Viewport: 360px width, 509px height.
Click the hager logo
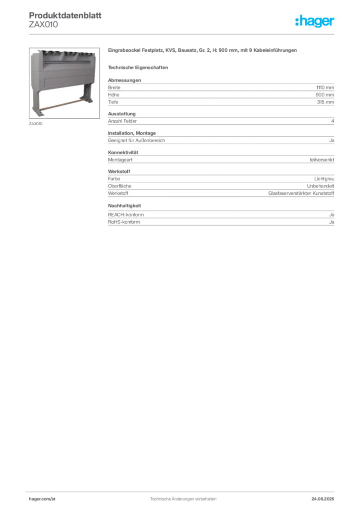point(315,21)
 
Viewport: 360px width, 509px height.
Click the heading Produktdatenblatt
point(65,15)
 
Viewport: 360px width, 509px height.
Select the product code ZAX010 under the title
point(43,25)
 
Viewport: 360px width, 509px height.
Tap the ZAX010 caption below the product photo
point(36,124)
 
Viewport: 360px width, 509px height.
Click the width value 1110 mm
point(325,87)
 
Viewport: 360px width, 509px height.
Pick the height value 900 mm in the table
point(325,95)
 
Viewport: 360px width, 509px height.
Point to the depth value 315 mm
point(325,102)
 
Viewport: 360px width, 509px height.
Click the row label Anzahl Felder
point(122,121)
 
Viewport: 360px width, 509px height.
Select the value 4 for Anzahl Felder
point(333,121)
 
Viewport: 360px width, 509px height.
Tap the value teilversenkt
point(322,160)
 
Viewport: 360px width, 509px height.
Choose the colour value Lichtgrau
point(324,179)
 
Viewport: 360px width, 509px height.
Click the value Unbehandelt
point(320,186)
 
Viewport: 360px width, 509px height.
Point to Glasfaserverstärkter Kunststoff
point(301,193)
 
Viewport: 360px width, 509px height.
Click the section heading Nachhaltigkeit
point(124,205)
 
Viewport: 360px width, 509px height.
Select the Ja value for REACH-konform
point(332,215)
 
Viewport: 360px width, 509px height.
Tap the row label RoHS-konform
point(124,222)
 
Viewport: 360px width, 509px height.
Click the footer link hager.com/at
point(42,499)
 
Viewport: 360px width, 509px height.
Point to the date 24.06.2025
point(323,499)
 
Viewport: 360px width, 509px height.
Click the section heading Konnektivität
point(123,152)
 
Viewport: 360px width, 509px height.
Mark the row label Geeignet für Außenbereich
point(136,141)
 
